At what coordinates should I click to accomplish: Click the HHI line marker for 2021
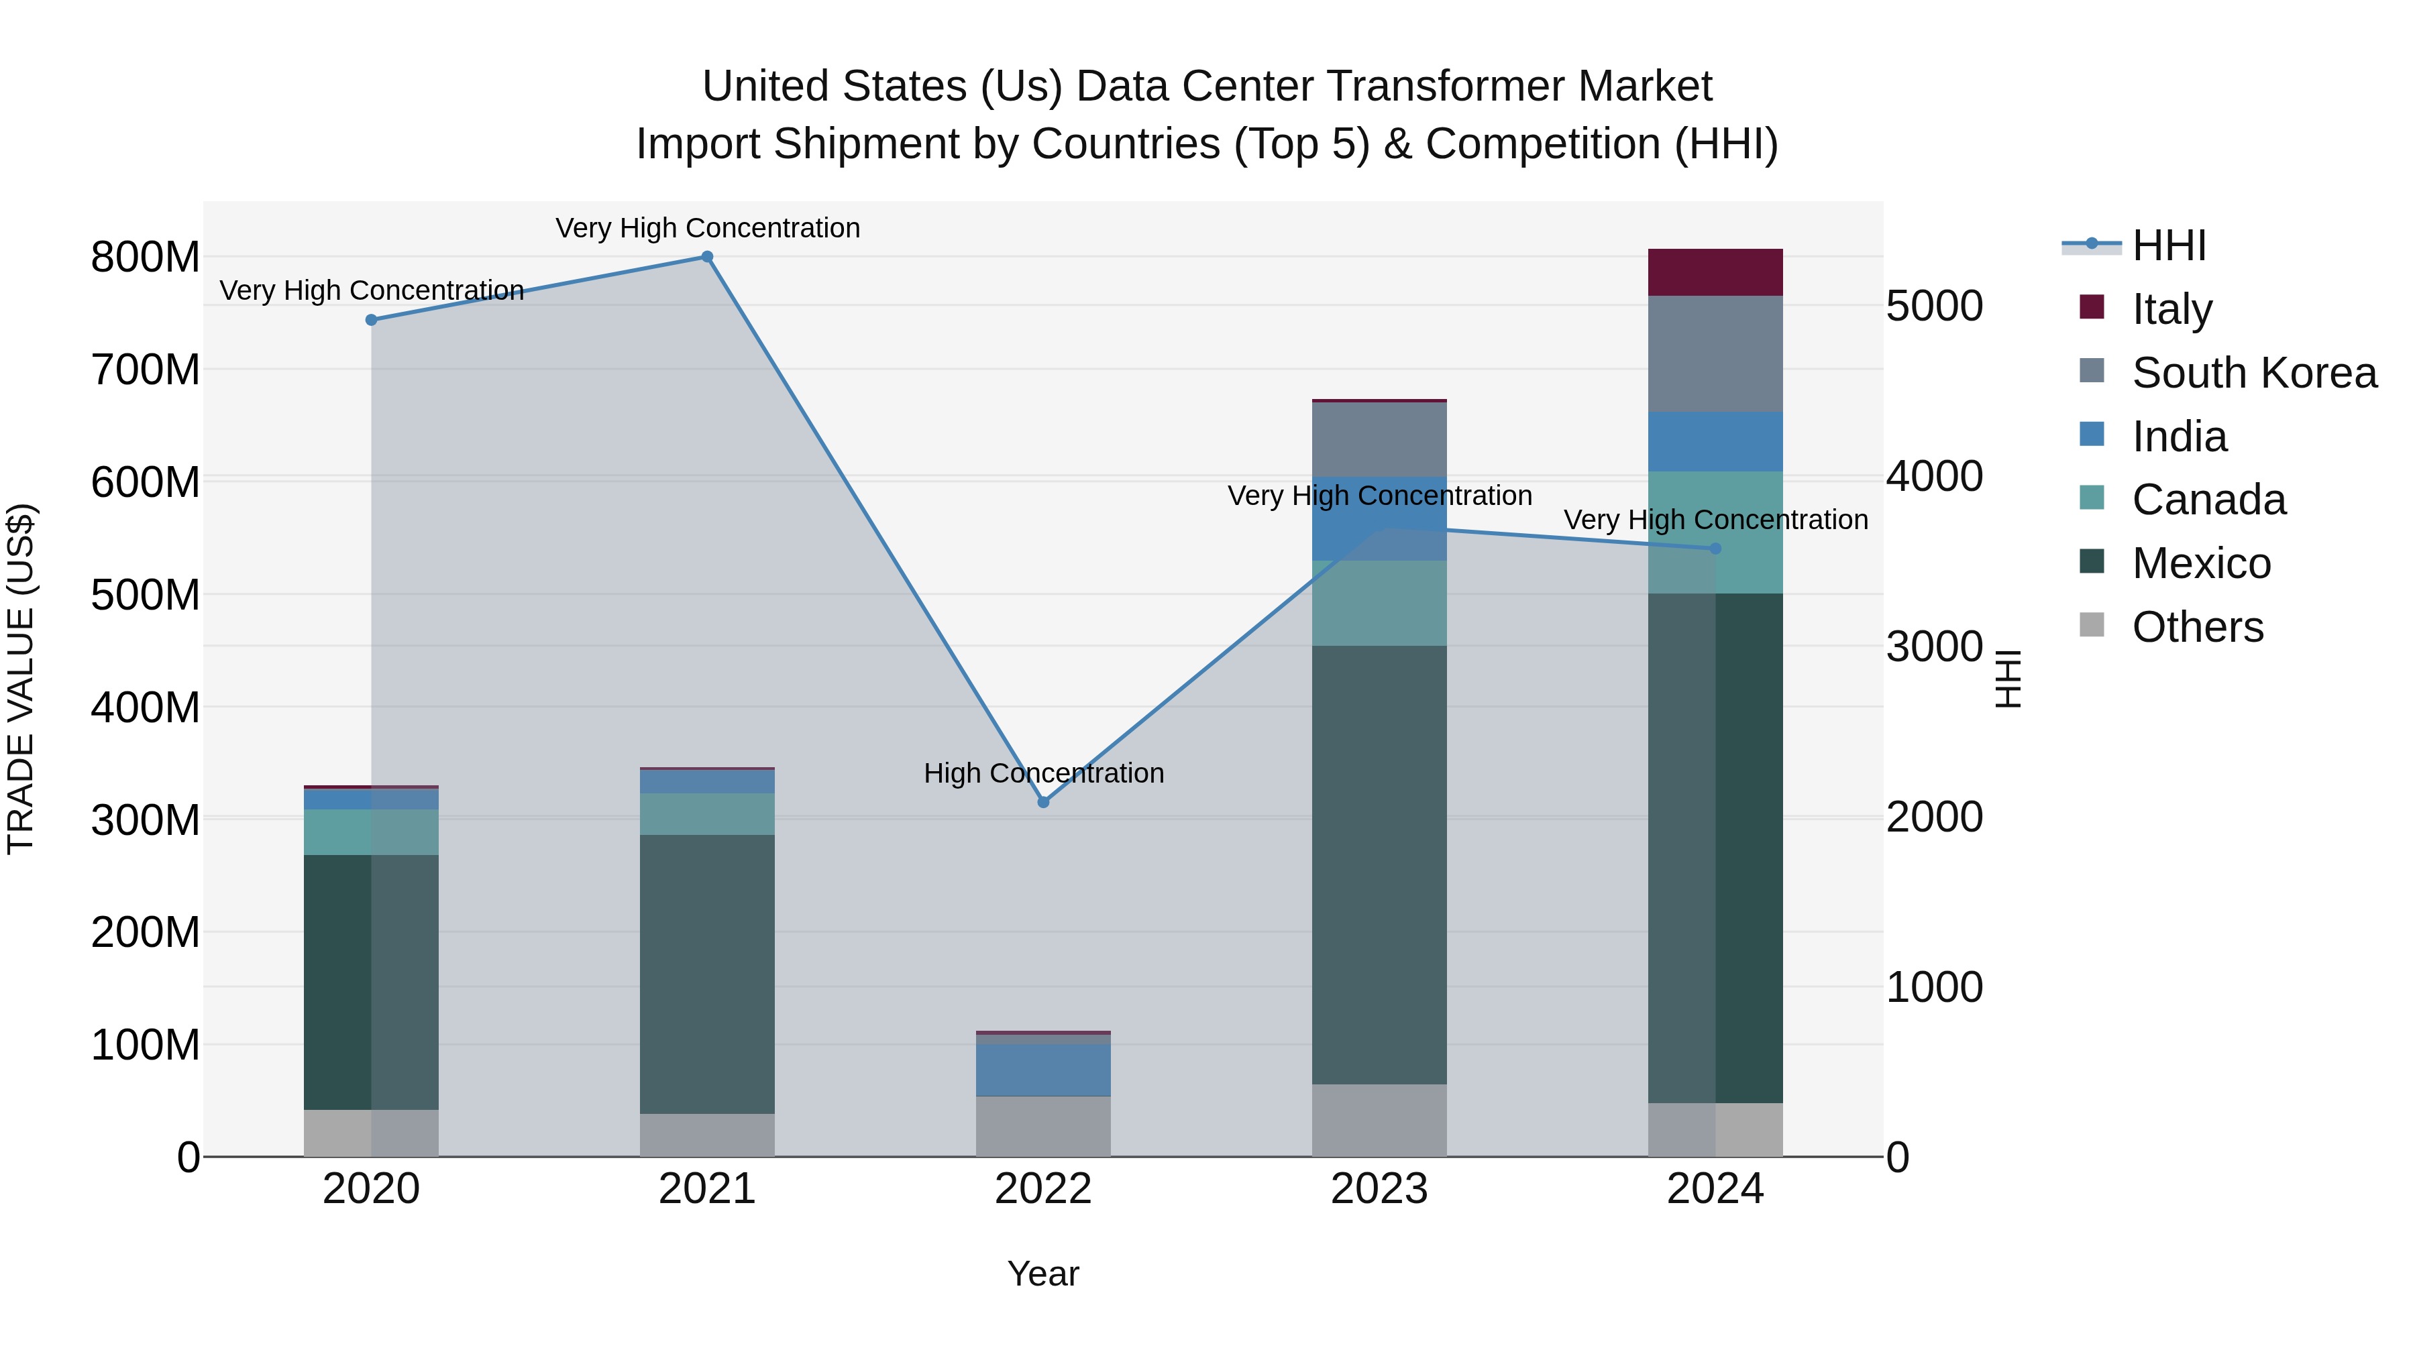click(707, 257)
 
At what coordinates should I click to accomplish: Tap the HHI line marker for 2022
click(1043, 802)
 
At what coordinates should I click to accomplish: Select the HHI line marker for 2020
click(371, 321)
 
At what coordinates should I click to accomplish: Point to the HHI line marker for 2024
click(1715, 549)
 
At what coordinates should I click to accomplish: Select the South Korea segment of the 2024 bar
click(1715, 354)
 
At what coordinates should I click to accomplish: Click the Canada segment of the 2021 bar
click(707, 814)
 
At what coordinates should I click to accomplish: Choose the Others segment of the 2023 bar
click(1379, 1120)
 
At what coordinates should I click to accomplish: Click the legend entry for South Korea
click(2254, 373)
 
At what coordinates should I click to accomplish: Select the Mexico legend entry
click(2200, 563)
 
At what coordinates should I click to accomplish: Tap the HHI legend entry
click(2167, 245)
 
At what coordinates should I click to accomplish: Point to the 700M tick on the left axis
click(146, 370)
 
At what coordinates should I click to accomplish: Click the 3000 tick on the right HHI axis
click(1934, 646)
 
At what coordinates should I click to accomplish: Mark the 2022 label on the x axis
click(1043, 1189)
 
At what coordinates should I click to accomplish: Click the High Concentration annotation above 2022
click(1043, 773)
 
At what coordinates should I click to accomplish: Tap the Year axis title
click(1043, 1274)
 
